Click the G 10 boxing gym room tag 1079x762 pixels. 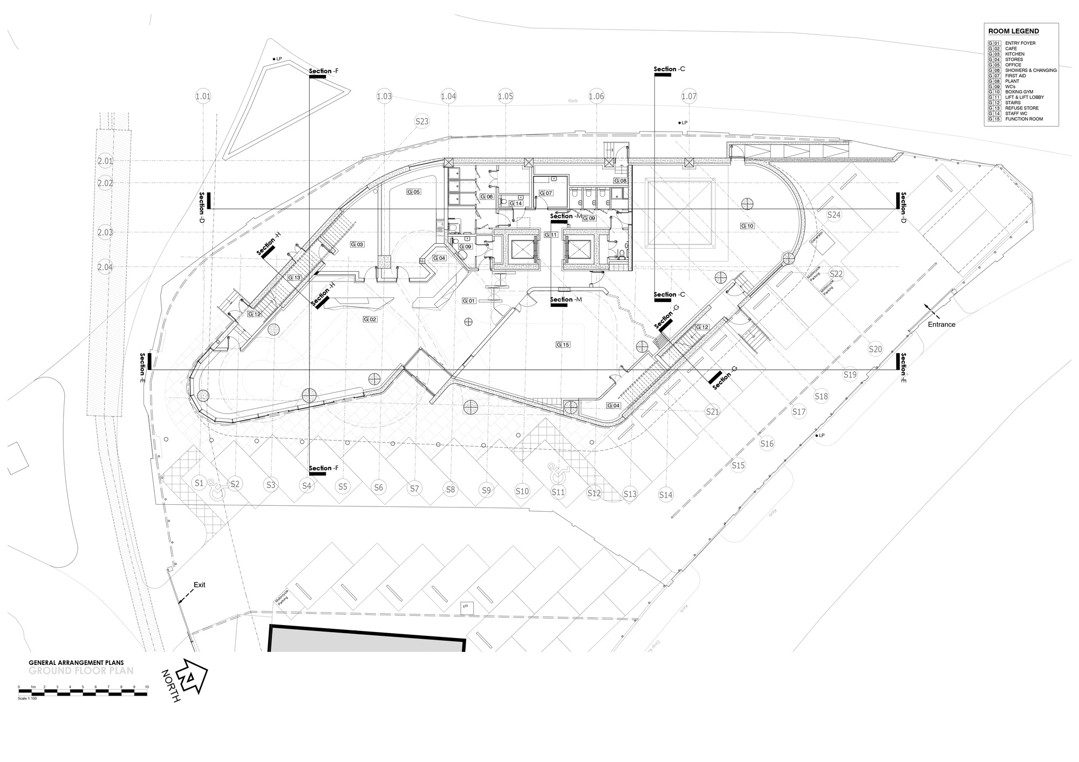pos(747,226)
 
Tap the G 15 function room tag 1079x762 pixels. pos(563,344)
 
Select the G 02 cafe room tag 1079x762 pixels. pos(370,319)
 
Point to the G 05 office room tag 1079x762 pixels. pos(413,191)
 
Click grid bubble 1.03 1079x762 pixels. pos(384,97)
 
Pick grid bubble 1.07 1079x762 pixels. pos(689,97)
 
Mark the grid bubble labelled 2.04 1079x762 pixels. pos(105,267)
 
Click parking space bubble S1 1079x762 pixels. pos(199,483)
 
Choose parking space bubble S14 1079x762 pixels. pos(666,495)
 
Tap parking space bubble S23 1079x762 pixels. pos(422,121)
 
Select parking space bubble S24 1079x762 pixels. pos(834,215)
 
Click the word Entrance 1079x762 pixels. pos(941,324)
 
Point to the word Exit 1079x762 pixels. pos(200,585)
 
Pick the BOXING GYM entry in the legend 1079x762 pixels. pos(1019,92)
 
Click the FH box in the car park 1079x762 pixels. pos(465,607)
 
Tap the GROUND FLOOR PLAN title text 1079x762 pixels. pos(81,671)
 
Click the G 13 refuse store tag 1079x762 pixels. pos(294,278)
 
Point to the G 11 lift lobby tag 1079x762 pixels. pos(551,235)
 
